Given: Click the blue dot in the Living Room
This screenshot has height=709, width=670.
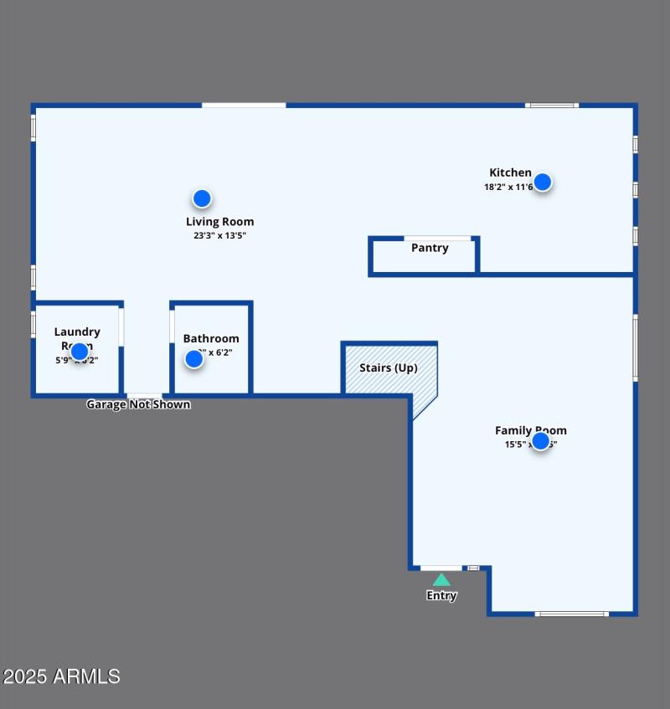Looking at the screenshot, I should click(x=202, y=198).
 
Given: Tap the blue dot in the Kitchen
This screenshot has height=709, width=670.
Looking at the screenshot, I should click(x=543, y=182).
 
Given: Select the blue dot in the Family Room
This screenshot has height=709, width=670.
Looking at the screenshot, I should click(x=540, y=440).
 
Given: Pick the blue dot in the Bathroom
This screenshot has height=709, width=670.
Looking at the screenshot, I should click(x=194, y=359).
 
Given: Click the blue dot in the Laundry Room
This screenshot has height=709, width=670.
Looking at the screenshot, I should click(x=79, y=352).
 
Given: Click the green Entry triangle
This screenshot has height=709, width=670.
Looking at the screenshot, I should click(x=441, y=579).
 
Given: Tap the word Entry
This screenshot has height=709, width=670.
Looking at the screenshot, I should click(x=441, y=596).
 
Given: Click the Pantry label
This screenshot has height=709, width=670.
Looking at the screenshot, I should click(x=430, y=248).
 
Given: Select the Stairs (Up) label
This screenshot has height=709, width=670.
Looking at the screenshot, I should click(x=388, y=367).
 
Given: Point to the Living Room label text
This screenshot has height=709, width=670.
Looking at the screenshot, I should click(x=219, y=222).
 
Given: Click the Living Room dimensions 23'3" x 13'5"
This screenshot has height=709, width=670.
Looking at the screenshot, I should click(x=219, y=236).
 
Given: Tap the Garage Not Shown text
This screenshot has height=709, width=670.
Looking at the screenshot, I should click(x=138, y=404).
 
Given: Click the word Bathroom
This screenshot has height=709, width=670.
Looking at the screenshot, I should click(x=211, y=338).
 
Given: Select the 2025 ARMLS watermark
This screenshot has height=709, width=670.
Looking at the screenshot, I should click(x=61, y=676).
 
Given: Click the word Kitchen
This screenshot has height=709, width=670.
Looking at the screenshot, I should click(x=510, y=172).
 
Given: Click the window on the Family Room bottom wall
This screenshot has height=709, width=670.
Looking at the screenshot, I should click(x=572, y=614).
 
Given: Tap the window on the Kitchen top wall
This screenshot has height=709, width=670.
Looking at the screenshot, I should click(x=552, y=105).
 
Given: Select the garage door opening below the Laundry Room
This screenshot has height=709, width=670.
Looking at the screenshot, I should click(x=144, y=395).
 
